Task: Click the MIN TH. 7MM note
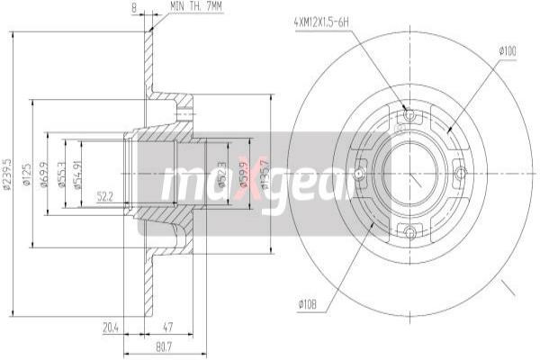click(198, 7)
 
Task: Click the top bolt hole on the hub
click(410, 115)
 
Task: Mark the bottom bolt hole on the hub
click(410, 232)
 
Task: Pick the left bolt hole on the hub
click(360, 172)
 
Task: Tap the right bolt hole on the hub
click(461, 172)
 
